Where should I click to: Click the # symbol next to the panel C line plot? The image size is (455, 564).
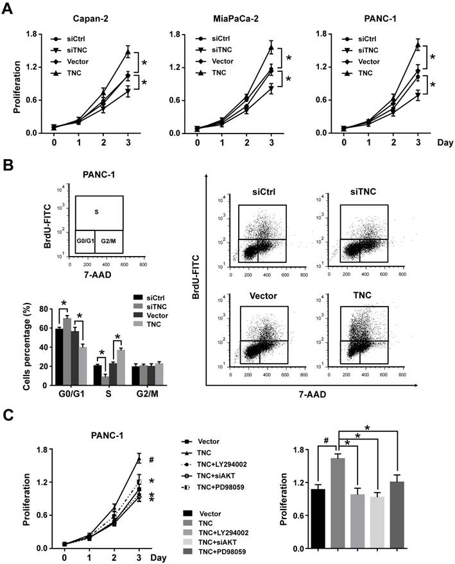coord(152,459)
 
